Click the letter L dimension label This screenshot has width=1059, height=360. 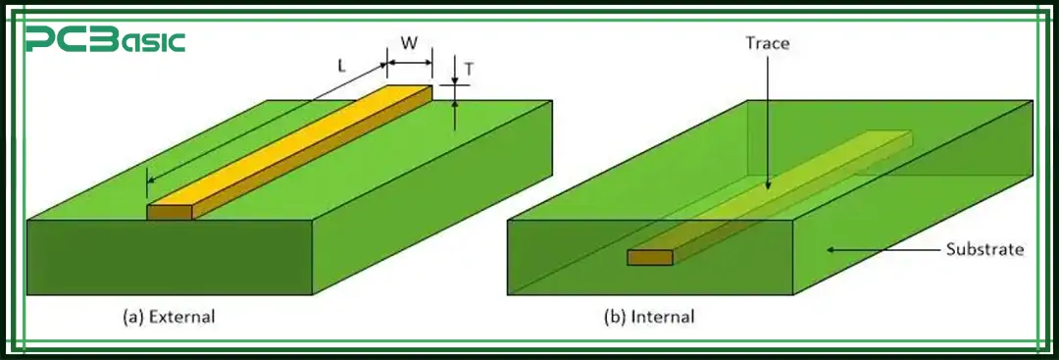340,67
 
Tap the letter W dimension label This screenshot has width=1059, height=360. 409,44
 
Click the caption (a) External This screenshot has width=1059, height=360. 168,317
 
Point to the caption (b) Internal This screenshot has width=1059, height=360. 649,317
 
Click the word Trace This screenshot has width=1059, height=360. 767,43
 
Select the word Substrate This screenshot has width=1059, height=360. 984,249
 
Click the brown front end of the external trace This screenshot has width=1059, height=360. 170,212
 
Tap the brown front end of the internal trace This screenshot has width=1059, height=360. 650,257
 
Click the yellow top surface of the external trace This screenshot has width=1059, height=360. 294,147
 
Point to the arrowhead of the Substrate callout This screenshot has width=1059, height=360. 830,249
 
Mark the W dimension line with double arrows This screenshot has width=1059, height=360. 409,63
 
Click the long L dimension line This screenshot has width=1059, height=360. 265,124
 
